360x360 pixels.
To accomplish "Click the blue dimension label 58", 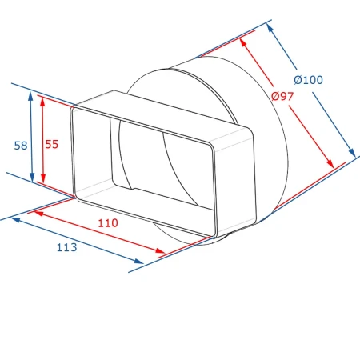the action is pyautogui.click(x=21, y=146).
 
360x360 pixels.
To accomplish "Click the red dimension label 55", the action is pyautogui.click(x=51, y=144).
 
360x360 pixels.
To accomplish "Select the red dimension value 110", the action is pyautogui.click(x=108, y=223).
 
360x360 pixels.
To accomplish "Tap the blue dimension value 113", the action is pyautogui.click(x=66, y=247).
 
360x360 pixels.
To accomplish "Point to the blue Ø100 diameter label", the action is pyautogui.click(x=309, y=80).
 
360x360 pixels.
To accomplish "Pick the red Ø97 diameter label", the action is pyautogui.click(x=282, y=96).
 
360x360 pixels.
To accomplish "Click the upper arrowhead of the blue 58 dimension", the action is pyautogui.click(x=30, y=96).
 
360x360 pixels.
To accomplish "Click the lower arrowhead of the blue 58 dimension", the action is pyautogui.click(x=32, y=178).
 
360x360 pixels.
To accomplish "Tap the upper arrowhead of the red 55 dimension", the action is pyautogui.click(x=42, y=100).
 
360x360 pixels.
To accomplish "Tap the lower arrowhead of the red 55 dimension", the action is pyautogui.click(x=43, y=178).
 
